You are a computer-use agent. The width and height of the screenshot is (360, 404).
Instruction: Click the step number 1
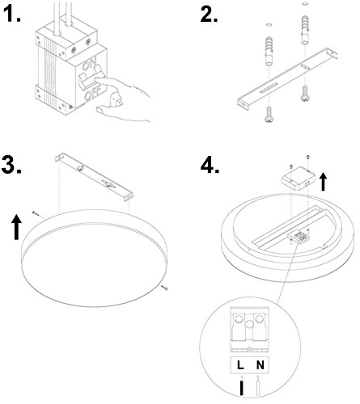tap(13, 14)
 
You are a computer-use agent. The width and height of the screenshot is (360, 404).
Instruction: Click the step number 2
tap(209, 14)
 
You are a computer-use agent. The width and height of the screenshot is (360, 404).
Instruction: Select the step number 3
tap(11, 164)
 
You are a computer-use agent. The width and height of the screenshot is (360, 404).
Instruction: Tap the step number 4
tap(210, 164)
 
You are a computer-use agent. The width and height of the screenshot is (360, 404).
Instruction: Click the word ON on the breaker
tap(90, 65)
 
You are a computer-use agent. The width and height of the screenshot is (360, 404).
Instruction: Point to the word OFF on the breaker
tap(92, 93)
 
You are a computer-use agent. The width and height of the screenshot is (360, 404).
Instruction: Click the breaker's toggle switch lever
tap(91, 78)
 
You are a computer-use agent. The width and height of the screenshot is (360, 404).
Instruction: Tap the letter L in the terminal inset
tap(240, 365)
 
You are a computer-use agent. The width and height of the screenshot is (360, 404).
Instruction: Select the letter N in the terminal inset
tap(260, 365)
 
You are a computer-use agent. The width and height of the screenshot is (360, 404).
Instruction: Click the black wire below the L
tap(242, 388)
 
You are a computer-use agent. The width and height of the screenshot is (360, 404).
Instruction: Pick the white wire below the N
tap(258, 388)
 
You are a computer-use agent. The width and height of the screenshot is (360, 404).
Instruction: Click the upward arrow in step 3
tap(17, 227)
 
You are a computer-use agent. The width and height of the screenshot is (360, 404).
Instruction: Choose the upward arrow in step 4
tap(324, 182)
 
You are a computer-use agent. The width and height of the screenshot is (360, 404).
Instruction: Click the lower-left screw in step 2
tap(269, 115)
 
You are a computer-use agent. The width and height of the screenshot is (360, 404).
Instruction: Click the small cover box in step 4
tap(299, 179)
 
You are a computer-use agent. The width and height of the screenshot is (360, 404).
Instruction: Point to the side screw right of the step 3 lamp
tap(164, 288)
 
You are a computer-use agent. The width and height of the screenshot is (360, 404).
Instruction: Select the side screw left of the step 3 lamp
tap(36, 213)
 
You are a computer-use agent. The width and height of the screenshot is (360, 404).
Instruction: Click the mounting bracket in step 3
tap(94, 176)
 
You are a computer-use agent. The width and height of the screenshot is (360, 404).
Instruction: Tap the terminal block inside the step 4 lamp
tap(299, 237)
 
